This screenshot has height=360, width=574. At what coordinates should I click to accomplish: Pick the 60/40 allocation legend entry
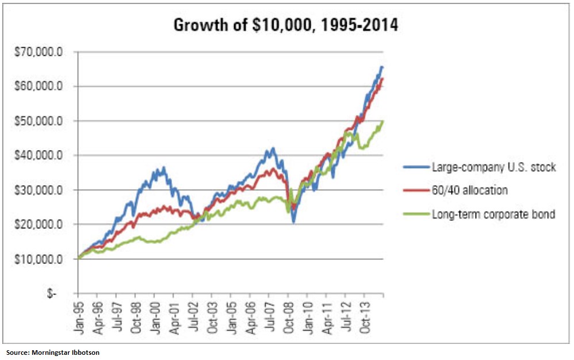pos(469,190)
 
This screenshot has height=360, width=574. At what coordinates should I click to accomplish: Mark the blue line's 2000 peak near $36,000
pos(163,168)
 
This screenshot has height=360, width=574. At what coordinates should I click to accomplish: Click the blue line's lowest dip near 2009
pos(293,222)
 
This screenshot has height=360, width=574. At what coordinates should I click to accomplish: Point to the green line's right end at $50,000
pos(382,121)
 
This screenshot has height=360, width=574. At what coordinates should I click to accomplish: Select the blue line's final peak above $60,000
pos(382,67)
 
